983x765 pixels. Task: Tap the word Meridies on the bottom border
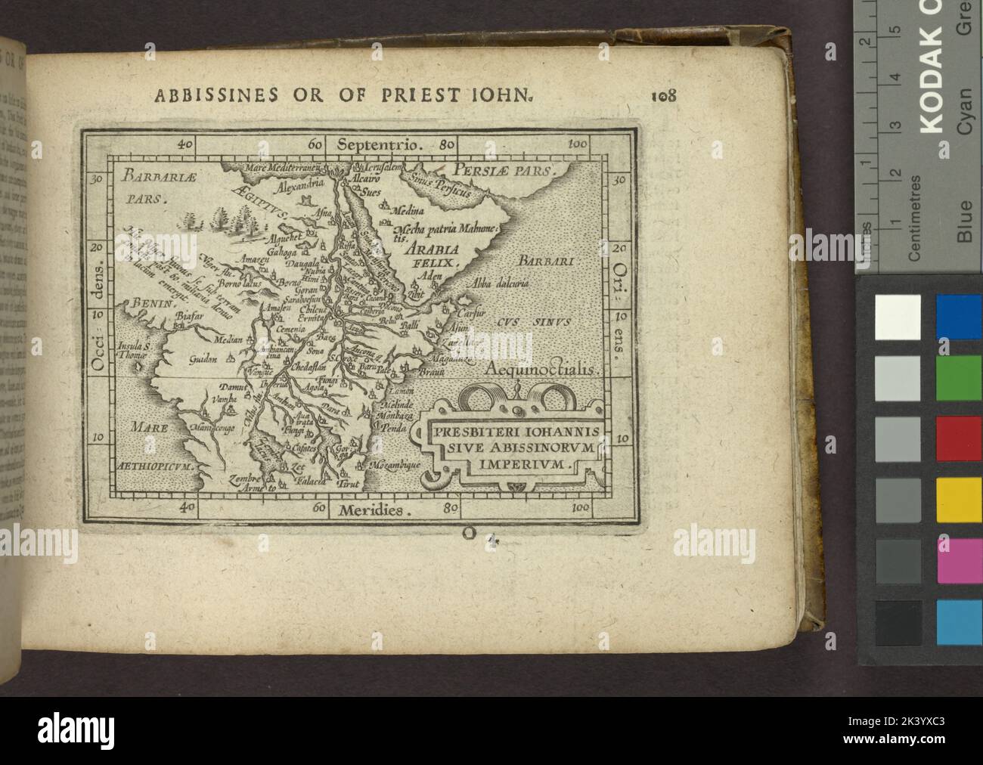371,509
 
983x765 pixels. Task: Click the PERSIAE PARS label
502,169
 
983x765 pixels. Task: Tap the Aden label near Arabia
431,277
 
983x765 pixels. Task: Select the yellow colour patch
959,500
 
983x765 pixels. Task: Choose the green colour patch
959,377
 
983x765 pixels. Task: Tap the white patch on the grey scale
898,317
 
